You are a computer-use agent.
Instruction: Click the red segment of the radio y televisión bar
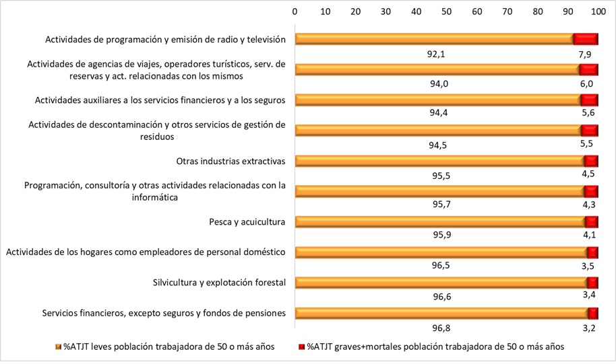click(586, 39)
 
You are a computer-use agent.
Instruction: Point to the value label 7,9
click(586, 54)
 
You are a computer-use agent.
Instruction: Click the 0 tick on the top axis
click(295, 11)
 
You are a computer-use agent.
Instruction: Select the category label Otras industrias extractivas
click(231, 161)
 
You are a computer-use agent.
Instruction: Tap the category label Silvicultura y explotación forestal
click(220, 282)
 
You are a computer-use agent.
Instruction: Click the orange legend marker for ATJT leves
click(58, 347)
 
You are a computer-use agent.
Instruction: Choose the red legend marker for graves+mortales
click(301, 347)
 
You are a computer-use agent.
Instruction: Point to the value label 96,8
click(439, 328)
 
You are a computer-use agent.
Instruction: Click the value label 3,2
click(588, 328)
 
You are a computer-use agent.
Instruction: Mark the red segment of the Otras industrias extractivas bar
click(591, 161)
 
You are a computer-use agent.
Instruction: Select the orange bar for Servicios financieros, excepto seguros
click(441, 313)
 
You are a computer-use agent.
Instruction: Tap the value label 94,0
click(439, 83)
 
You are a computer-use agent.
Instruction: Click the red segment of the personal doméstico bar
click(592, 252)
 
